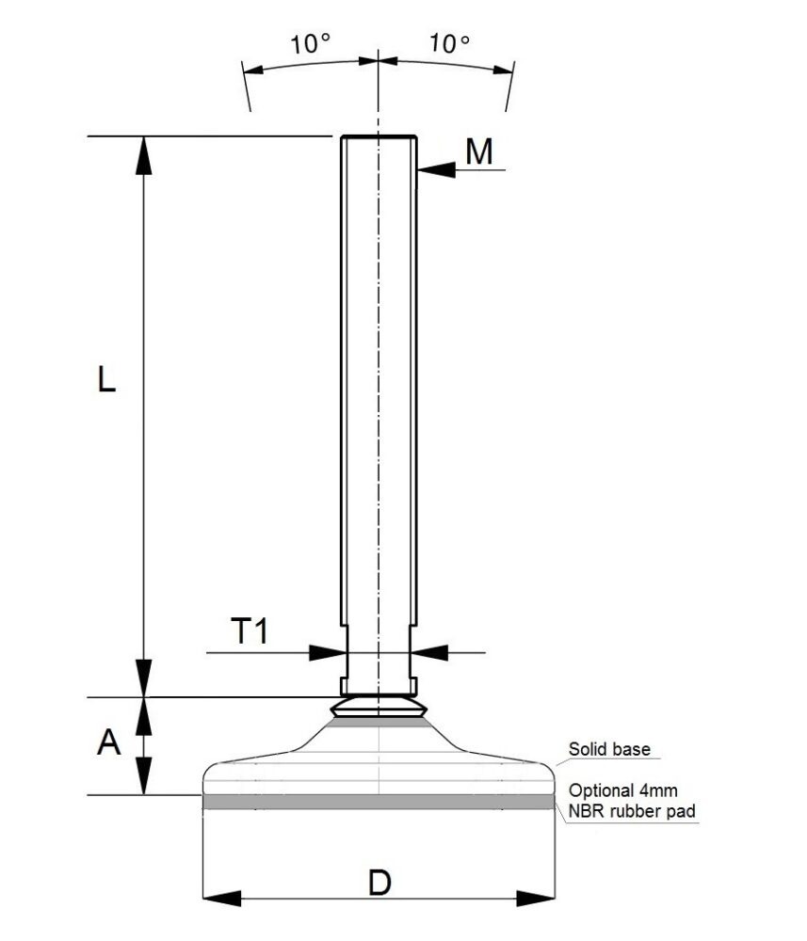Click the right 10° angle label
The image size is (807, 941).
449,43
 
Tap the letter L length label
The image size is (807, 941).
106,379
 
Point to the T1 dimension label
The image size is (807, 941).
250,631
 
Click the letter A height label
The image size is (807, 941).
109,743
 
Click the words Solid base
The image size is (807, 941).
610,750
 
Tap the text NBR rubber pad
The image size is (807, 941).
633,809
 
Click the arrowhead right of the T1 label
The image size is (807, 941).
428,650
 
